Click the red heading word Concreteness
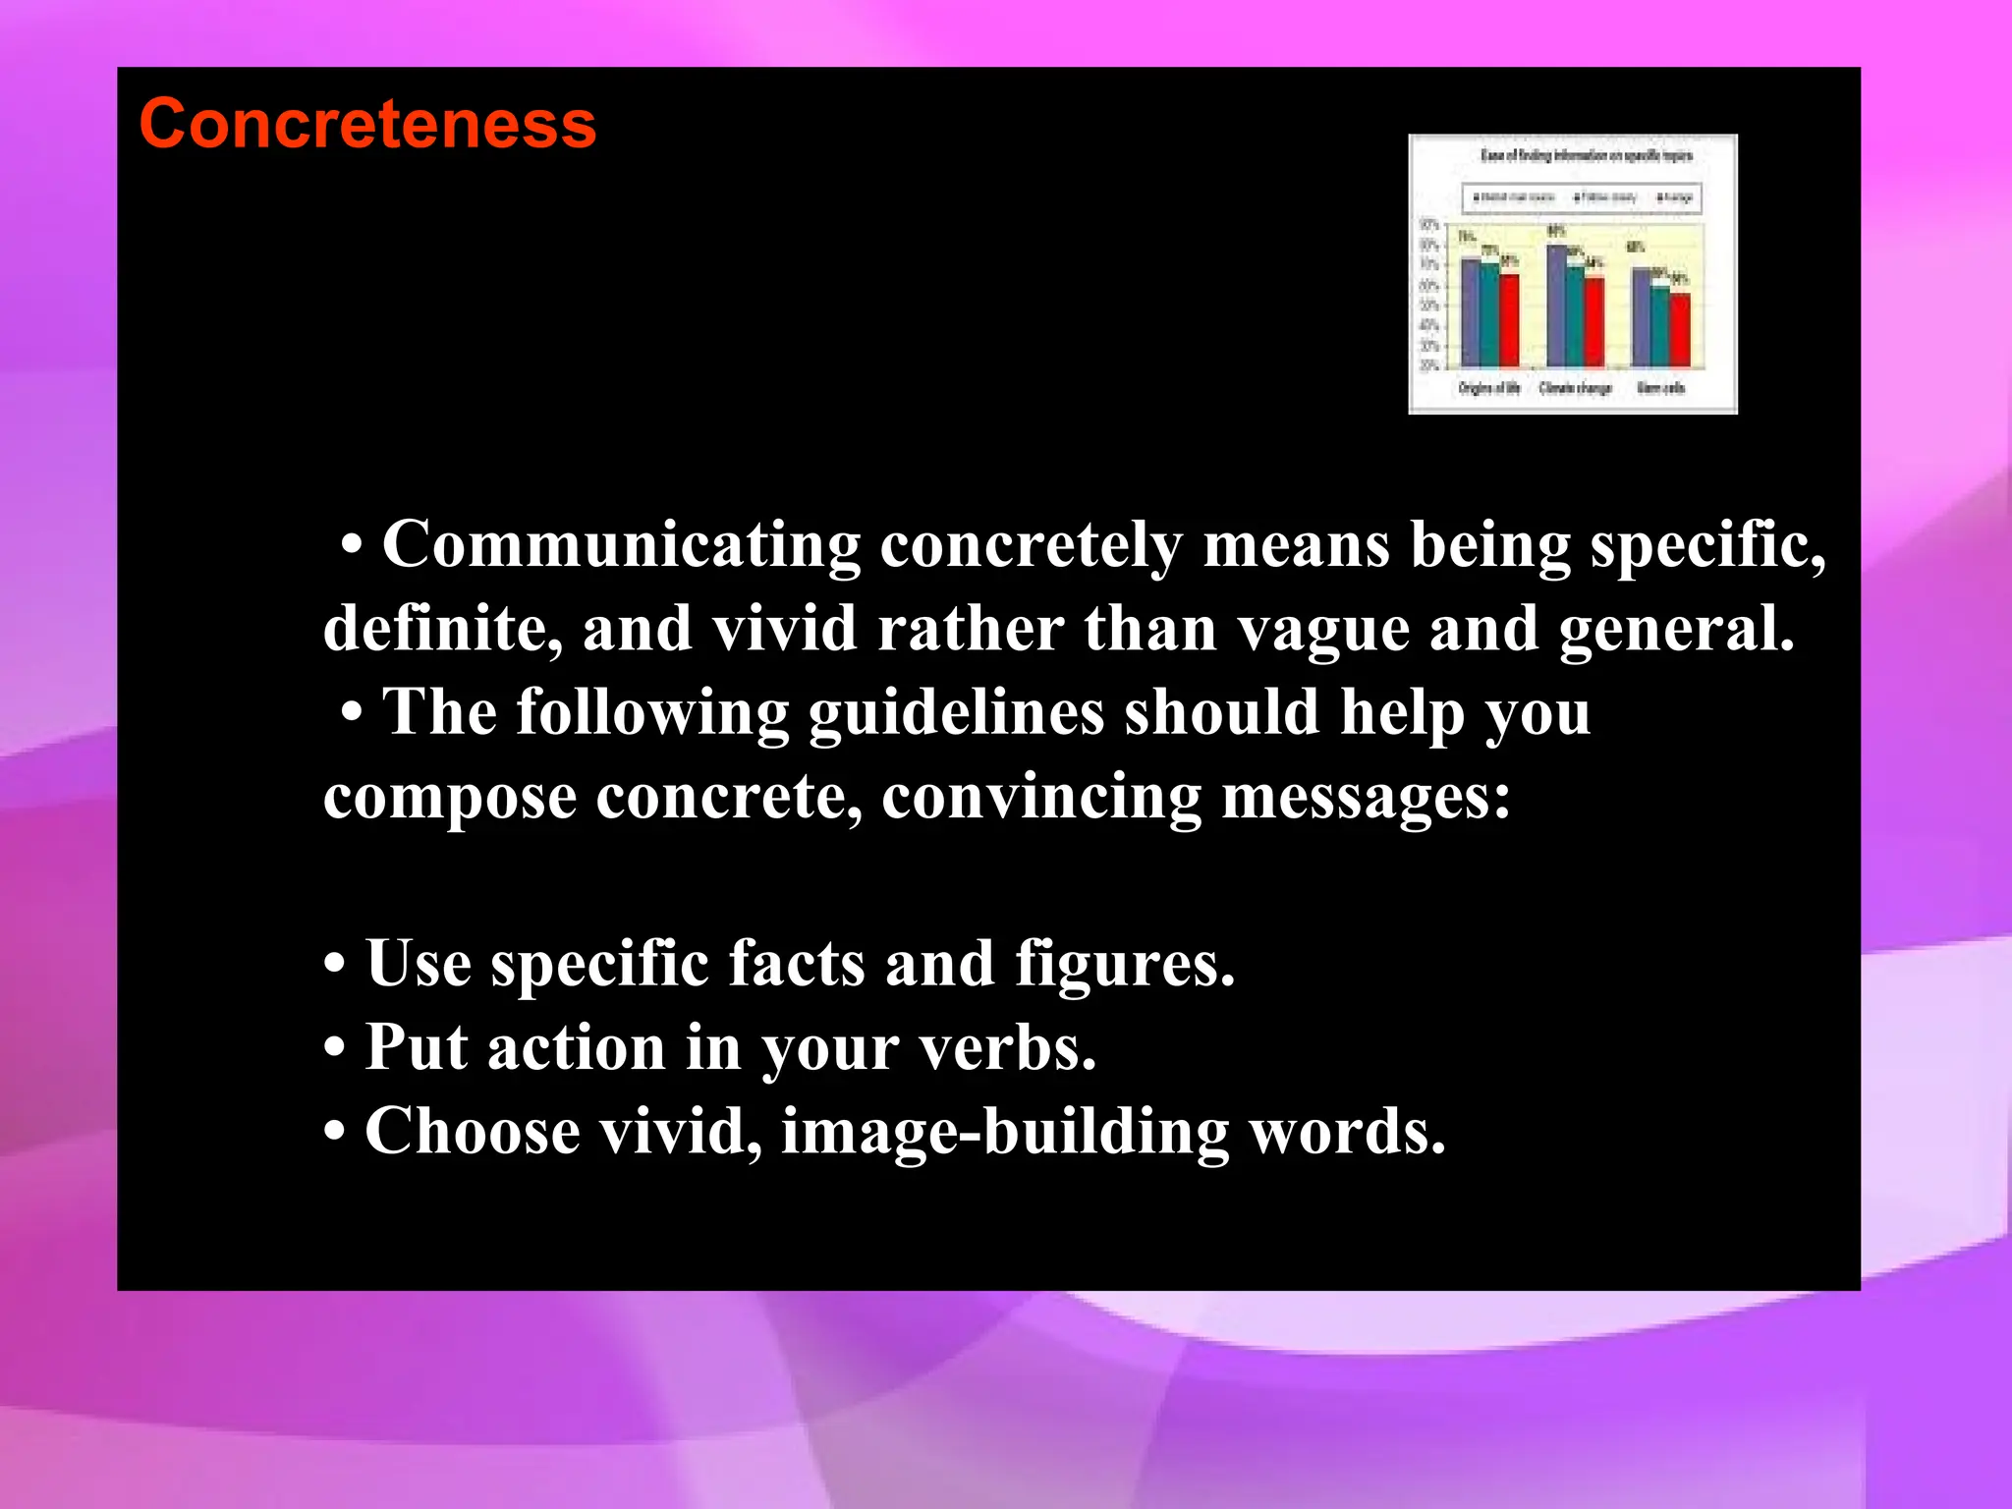click(367, 125)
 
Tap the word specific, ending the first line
click(1707, 545)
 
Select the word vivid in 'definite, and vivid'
click(784, 629)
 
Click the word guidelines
click(956, 713)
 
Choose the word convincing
click(1040, 797)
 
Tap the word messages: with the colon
click(1366, 797)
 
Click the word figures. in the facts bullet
click(1124, 964)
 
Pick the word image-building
click(1004, 1133)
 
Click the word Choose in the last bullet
click(473, 1133)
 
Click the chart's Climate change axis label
click(1575, 388)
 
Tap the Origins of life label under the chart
click(1488, 388)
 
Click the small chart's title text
click(1586, 155)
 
